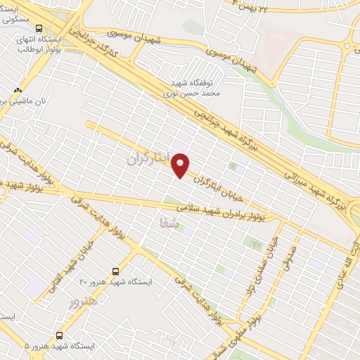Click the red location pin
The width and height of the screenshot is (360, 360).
click(x=181, y=165)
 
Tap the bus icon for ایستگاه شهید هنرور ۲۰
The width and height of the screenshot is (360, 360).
click(x=116, y=271)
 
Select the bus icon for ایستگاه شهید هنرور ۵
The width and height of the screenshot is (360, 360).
click(x=59, y=335)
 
